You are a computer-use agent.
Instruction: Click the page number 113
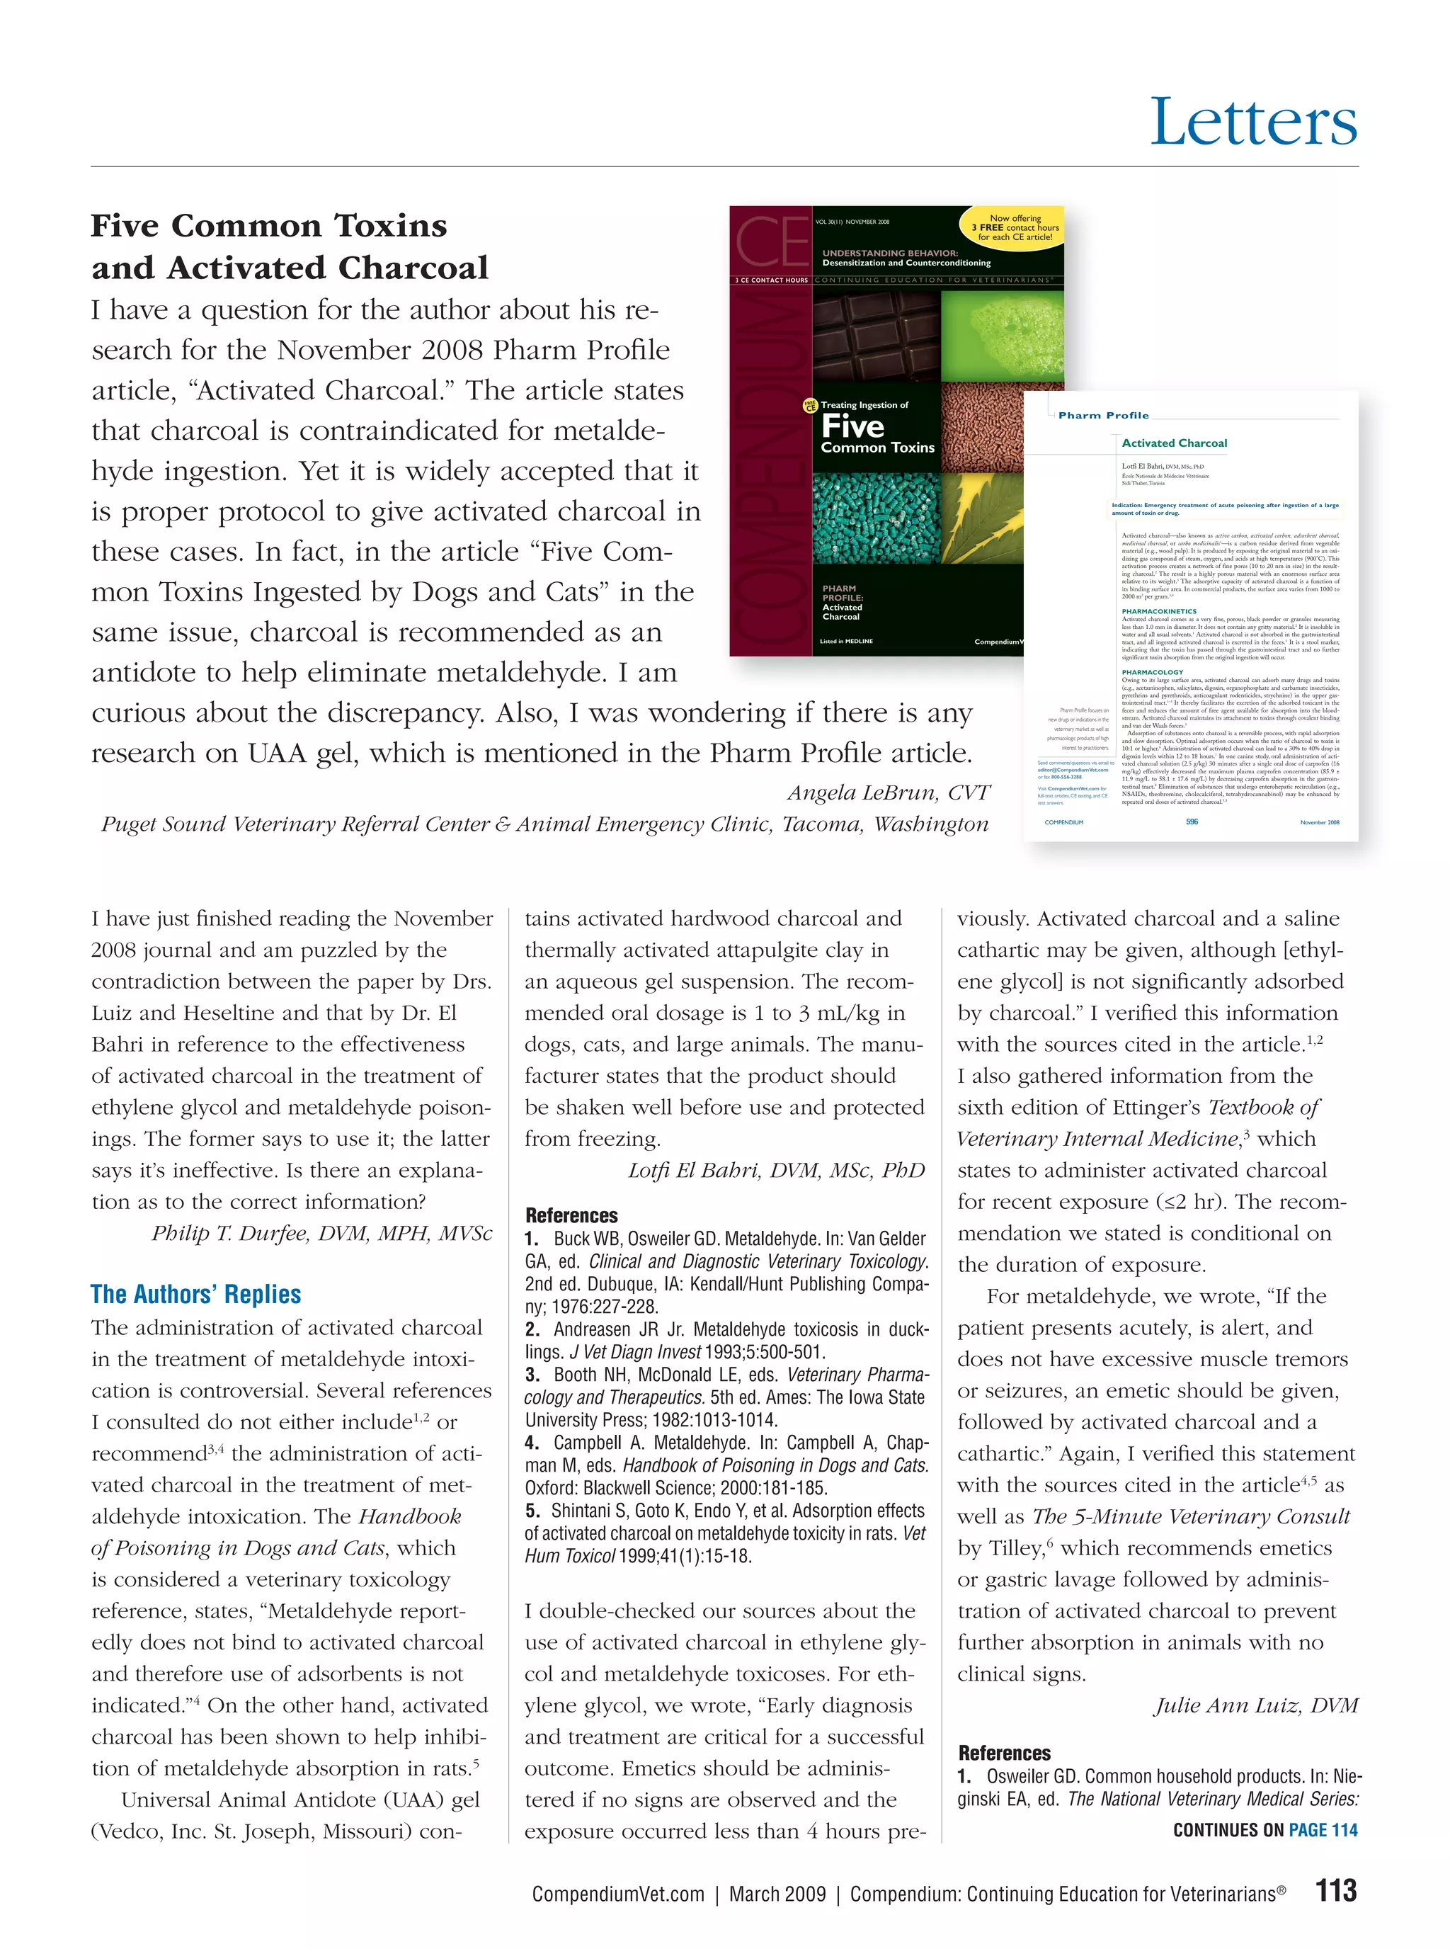[x=1336, y=1890]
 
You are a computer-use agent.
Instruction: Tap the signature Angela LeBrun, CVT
[x=889, y=792]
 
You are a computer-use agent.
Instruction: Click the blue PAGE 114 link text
[x=1323, y=1829]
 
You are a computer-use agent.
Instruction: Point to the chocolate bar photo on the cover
[x=875, y=334]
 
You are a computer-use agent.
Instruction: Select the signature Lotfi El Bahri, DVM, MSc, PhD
[x=776, y=1170]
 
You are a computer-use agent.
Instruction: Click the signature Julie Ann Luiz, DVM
[x=1256, y=1705]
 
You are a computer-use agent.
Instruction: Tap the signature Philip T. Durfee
[x=321, y=1232]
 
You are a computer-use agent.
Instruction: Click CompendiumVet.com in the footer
[x=618, y=1894]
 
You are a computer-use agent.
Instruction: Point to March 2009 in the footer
[x=777, y=1894]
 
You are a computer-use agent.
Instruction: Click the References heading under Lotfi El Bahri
[x=571, y=1215]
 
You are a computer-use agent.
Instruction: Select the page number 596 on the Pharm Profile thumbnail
[x=1191, y=822]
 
